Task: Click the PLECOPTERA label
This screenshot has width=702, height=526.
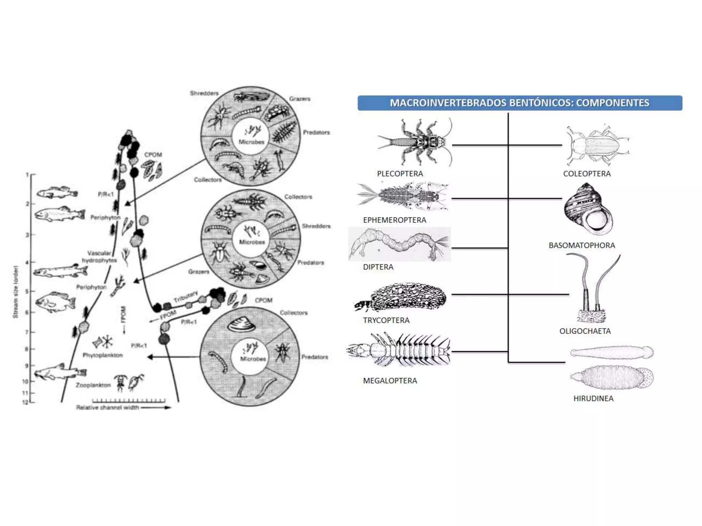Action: click(x=400, y=174)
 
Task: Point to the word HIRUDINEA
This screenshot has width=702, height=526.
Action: click(x=593, y=398)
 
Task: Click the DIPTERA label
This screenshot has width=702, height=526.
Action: click(x=378, y=267)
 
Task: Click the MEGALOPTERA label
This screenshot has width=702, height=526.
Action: click(x=390, y=380)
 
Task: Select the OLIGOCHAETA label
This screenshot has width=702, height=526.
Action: click(x=585, y=331)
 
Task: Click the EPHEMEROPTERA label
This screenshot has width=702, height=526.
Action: click(x=395, y=220)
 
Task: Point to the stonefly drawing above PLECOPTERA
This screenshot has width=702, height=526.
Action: click(x=415, y=142)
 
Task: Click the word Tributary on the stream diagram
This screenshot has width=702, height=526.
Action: click(x=185, y=297)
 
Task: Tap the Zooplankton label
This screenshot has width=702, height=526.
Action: click(x=93, y=385)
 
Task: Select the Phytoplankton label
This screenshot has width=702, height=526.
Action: click(x=102, y=355)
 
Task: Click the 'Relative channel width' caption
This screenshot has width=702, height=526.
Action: click(x=108, y=407)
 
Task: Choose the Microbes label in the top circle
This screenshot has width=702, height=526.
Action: click(x=251, y=142)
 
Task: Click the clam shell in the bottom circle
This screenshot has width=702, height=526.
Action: click(x=241, y=324)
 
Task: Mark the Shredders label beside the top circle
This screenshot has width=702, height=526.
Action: click(x=204, y=93)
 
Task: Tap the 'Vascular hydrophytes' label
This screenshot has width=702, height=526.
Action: click(x=99, y=257)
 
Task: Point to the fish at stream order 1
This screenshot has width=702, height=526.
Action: click(x=57, y=193)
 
